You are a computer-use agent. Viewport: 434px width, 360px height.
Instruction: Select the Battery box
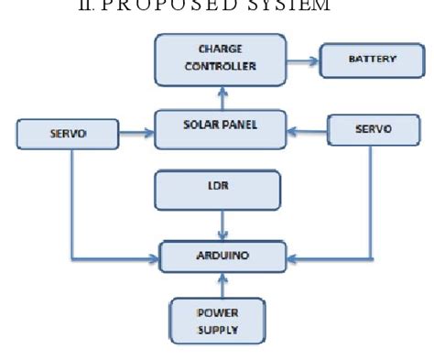click(372, 60)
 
